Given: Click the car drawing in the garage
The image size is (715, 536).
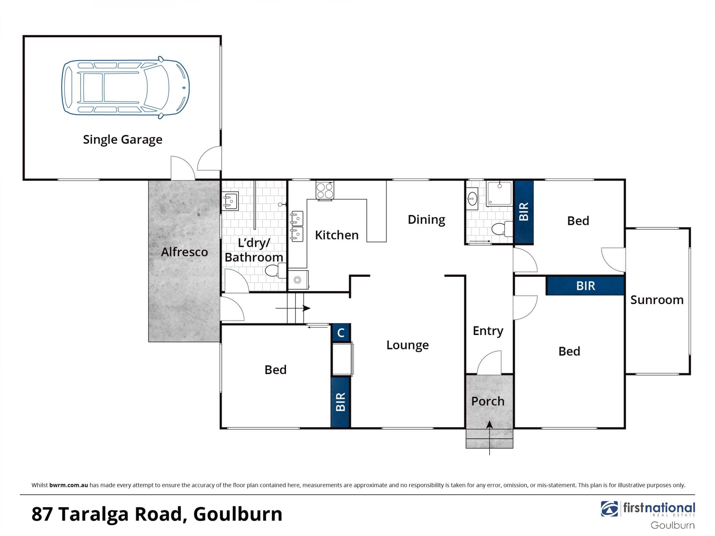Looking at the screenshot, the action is (x=125, y=87).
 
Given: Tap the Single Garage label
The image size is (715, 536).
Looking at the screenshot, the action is (x=123, y=140).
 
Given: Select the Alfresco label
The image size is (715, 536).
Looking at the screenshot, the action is (x=184, y=252).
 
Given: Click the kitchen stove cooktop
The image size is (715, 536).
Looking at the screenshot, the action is (x=325, y=190).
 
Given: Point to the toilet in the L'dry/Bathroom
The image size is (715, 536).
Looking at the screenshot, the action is (x=276, y=270).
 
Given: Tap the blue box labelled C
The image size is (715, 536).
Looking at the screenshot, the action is (x=341, y=332).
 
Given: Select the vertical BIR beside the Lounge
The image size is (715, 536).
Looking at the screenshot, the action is (x=340, y=402).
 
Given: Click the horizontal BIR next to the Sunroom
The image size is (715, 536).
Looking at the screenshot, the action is (x=585, y=286).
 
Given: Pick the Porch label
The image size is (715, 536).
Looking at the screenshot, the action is (x=488, y=401).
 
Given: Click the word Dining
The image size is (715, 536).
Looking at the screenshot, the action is (x=426, y=220).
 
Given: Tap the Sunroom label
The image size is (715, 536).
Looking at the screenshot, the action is (x=657, y=300).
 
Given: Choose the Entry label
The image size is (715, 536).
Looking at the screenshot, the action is (x=488, y=331).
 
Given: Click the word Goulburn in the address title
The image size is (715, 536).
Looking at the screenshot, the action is (x=238, y=514).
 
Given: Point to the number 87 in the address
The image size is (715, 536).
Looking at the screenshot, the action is (x=42, y=514).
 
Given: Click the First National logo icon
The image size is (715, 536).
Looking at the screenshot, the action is (x=610, y=509).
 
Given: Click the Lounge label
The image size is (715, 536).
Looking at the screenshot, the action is (x=407, y=345).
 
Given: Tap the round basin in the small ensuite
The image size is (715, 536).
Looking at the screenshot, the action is (x=472, y=199).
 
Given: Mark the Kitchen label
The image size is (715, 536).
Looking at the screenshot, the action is (x=337, y=235).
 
